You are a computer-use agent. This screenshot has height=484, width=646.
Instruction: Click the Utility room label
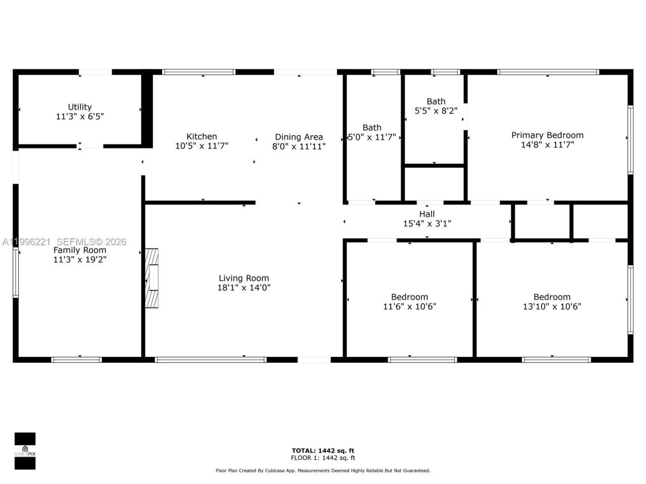pyautogui.click(x=80, y=107)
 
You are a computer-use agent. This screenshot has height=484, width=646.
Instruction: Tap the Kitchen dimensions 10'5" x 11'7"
pyautogui.click(x=202, y=146)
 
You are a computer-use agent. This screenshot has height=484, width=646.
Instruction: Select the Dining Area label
pyautogui.click(x=299, y=137)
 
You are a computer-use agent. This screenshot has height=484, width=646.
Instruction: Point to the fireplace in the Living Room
pyautogui.click(x=152, y=278)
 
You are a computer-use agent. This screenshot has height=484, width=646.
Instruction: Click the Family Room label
pyautogui.click(x=80, y=250)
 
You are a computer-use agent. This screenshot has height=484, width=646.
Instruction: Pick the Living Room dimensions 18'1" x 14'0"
pyautogui.click(x=244, y=288)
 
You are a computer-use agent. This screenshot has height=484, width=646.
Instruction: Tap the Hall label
pyautogui.click(x=427, y=214)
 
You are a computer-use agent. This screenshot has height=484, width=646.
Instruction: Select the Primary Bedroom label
pyautogui.click(x=548, y=135)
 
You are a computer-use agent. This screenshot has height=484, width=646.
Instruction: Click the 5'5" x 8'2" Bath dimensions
pyautogui.click(x=436, y=111)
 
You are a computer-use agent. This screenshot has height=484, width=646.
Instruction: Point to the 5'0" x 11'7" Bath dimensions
pyautogui.click(x=372, y=137)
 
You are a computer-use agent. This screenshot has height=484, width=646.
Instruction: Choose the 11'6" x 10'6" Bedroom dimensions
pyautogui.click(x=409, y=307)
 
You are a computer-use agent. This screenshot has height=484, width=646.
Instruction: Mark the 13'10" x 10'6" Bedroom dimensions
pyautogui.click(x=552, y=307)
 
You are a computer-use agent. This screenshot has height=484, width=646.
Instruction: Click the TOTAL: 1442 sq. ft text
pyautogui.click(x=323, y=451)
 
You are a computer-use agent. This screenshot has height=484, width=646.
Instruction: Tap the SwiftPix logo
pyautogui.click(x=25, y=451)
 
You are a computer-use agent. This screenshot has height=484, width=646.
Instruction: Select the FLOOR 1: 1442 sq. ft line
pyautogui.click(x=323, y=458)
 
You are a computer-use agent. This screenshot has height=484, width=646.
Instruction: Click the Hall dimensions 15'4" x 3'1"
pyautogui.click(x=427, y=223)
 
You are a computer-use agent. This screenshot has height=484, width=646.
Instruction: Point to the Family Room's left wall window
pyautogui.click(x=16, y=272)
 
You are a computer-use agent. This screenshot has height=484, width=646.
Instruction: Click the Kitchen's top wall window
pyautogui.click(x=198, y=72)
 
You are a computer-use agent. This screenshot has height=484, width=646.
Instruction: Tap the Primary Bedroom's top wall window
pyautogui.click(x=548, y=72)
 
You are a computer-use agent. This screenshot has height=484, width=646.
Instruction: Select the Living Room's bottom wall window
pyautogui.click(x=210, y=360)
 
